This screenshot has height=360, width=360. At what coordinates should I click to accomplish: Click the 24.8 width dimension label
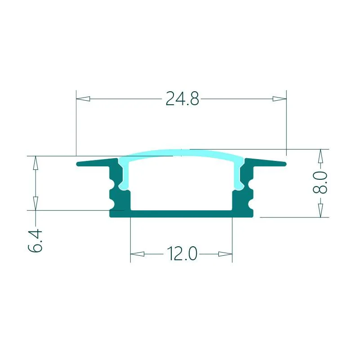pos(182,98)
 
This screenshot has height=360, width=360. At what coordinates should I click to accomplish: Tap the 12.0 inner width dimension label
pos(182,253)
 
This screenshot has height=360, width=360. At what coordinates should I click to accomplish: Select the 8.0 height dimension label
pos(320,182)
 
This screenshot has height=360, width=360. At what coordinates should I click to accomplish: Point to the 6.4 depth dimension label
pos(35,240)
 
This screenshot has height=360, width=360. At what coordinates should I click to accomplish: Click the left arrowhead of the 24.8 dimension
pos(83,99)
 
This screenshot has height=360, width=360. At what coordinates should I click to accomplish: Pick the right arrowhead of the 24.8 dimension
pos(280,99)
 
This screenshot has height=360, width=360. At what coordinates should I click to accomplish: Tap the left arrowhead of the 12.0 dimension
pos(137,254)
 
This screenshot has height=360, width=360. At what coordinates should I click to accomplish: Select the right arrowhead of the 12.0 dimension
pos(225,254)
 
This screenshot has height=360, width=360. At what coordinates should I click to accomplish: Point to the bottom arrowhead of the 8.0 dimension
pos(320,210)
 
